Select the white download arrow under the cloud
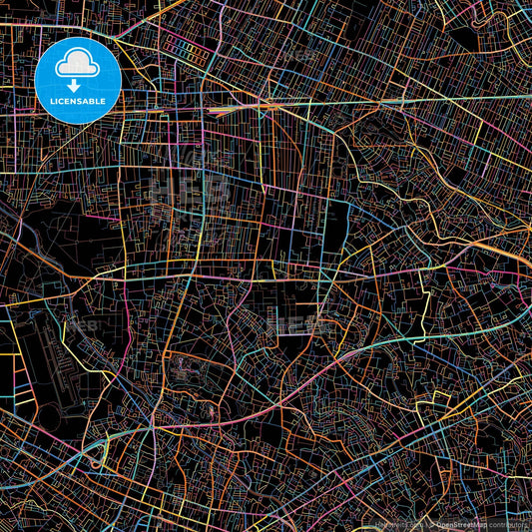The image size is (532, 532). pos(78,84)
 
